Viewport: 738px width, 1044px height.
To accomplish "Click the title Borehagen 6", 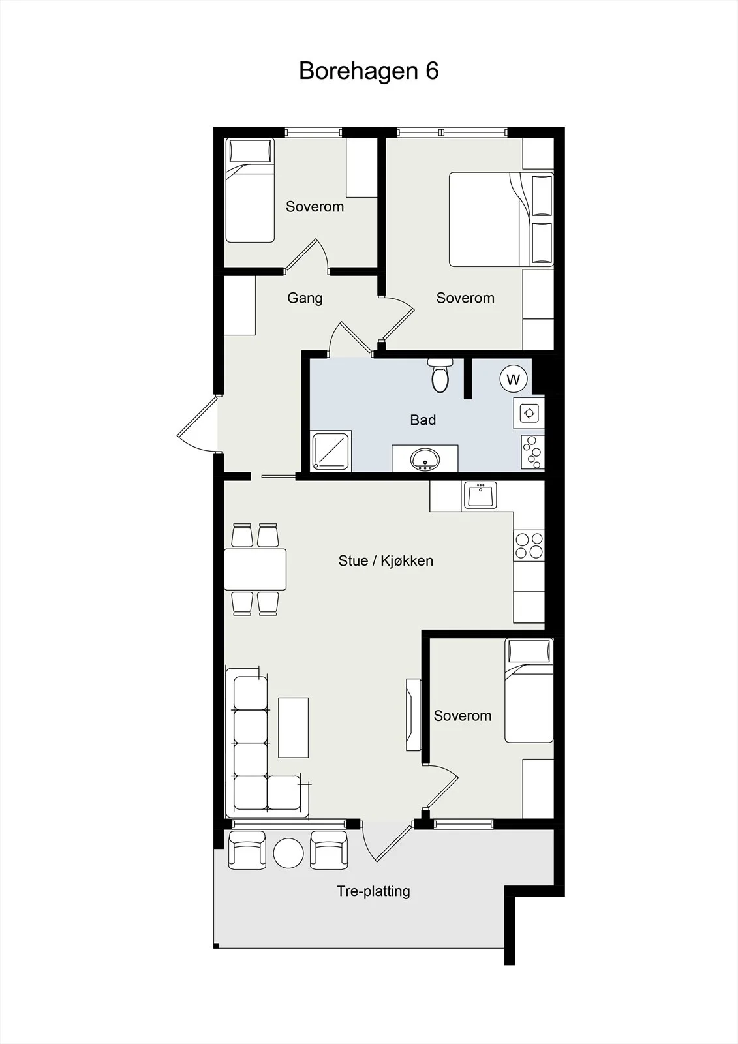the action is (x=369, y=71).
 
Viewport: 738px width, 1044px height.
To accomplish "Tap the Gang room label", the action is (x=305, y=298).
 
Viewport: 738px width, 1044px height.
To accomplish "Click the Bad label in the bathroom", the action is (x=423, y=420).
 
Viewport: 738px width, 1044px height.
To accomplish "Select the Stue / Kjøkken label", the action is (x=386, y=560).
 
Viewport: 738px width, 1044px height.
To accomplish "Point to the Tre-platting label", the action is (x=373, y=891).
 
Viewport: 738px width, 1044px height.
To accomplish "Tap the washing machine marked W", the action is (x=514, y=379).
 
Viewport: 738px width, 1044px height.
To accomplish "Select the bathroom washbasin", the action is (x=425, y=459).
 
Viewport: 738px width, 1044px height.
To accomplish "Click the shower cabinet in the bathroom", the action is (x=331, y=451).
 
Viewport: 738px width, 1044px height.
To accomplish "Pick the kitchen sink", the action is (x=480, y=496).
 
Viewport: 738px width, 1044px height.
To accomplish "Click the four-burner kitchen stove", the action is (x=529, y=545).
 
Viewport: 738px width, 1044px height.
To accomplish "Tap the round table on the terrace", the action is (x=288, y=853).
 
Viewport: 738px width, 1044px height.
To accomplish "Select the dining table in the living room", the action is (x=256, y=570).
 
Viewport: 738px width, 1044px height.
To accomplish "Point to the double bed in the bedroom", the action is (x=501, y=219).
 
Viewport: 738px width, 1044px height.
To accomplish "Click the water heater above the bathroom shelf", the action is (x=529, y=413).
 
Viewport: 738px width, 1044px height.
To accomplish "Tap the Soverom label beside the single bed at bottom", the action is (x=463, y=715).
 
